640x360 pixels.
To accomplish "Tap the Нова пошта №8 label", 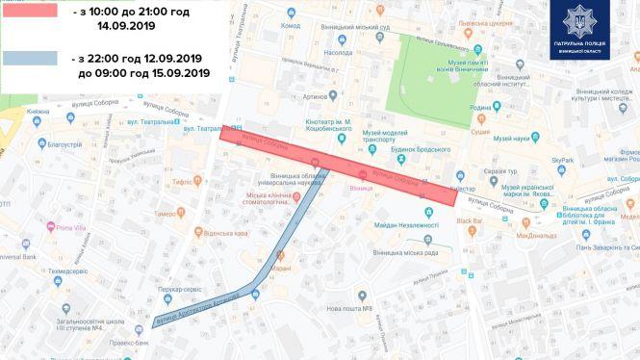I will pyautogui.click(x=349, y=307).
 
